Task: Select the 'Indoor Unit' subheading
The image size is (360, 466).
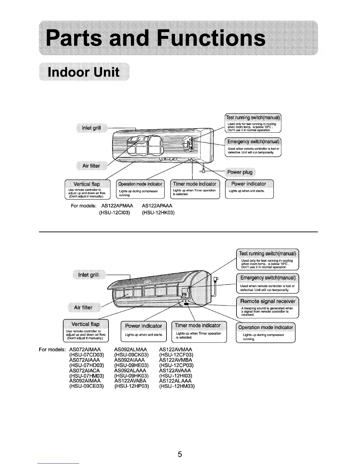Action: tap(84, 72)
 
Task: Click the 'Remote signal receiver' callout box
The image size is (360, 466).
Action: tap(268, 307)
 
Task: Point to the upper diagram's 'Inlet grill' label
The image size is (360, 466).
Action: tap(91, 128)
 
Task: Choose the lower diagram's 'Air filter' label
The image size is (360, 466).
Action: tap(83, 308)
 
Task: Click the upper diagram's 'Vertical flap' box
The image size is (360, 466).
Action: tap(87, 189)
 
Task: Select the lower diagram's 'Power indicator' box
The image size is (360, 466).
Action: tap(144, 332)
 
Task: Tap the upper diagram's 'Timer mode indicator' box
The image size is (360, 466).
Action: tap(195, 189)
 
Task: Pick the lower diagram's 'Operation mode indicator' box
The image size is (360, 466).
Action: tap(266, 333)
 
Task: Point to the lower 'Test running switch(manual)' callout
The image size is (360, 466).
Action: tap(268, 259)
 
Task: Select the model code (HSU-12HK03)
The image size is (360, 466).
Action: tap(158, 212)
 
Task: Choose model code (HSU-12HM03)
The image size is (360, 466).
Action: tap(177, 386)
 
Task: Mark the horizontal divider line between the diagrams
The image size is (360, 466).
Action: tap(178, 232)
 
